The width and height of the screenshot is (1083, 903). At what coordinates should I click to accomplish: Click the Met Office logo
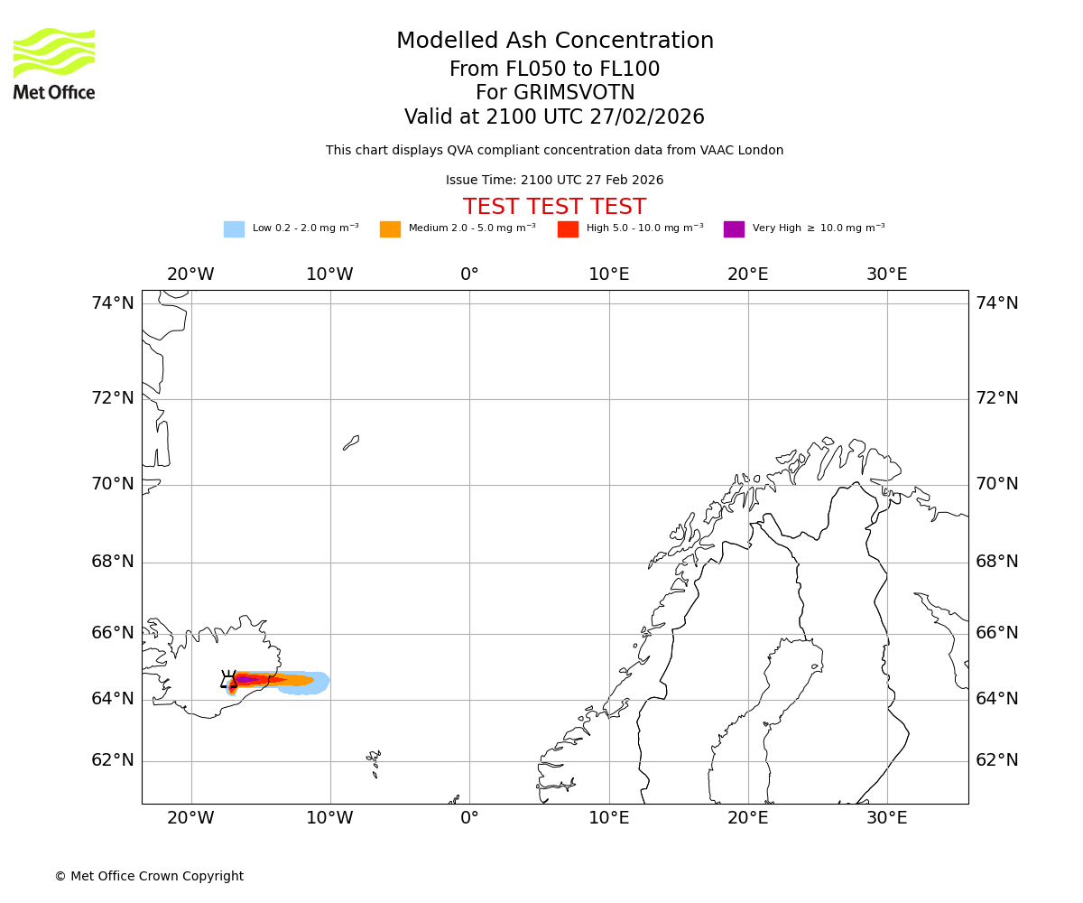point(54,63)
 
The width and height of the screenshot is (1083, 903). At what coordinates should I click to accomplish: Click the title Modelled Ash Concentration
point(554,42)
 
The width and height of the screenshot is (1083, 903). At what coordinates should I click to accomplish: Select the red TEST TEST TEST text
point(554,207)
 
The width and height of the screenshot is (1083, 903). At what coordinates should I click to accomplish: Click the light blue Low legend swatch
point(234,229)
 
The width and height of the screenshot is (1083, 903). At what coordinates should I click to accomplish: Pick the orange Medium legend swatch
point(390,229)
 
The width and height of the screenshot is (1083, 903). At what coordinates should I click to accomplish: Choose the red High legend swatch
point(568,229)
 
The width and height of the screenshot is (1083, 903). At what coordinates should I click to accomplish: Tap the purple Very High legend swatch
point(734,229)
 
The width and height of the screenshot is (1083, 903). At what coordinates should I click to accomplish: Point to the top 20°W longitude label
point(190,275)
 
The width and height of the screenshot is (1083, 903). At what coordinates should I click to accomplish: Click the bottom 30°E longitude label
point(886,818)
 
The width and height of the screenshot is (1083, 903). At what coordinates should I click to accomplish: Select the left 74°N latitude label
point(113,303)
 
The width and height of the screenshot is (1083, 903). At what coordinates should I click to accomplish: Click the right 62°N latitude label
point(996,760)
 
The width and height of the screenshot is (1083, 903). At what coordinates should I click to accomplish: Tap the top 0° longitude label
point(469,275)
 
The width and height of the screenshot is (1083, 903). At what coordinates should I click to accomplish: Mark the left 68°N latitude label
point(113,562)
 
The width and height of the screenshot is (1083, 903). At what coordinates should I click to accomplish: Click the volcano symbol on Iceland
point(228,680)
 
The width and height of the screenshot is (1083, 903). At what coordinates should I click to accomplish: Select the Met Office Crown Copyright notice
point(149,876)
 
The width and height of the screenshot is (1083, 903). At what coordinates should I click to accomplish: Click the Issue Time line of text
point(554,181)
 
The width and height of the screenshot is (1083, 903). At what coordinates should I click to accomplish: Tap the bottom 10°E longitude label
point(608,818)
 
